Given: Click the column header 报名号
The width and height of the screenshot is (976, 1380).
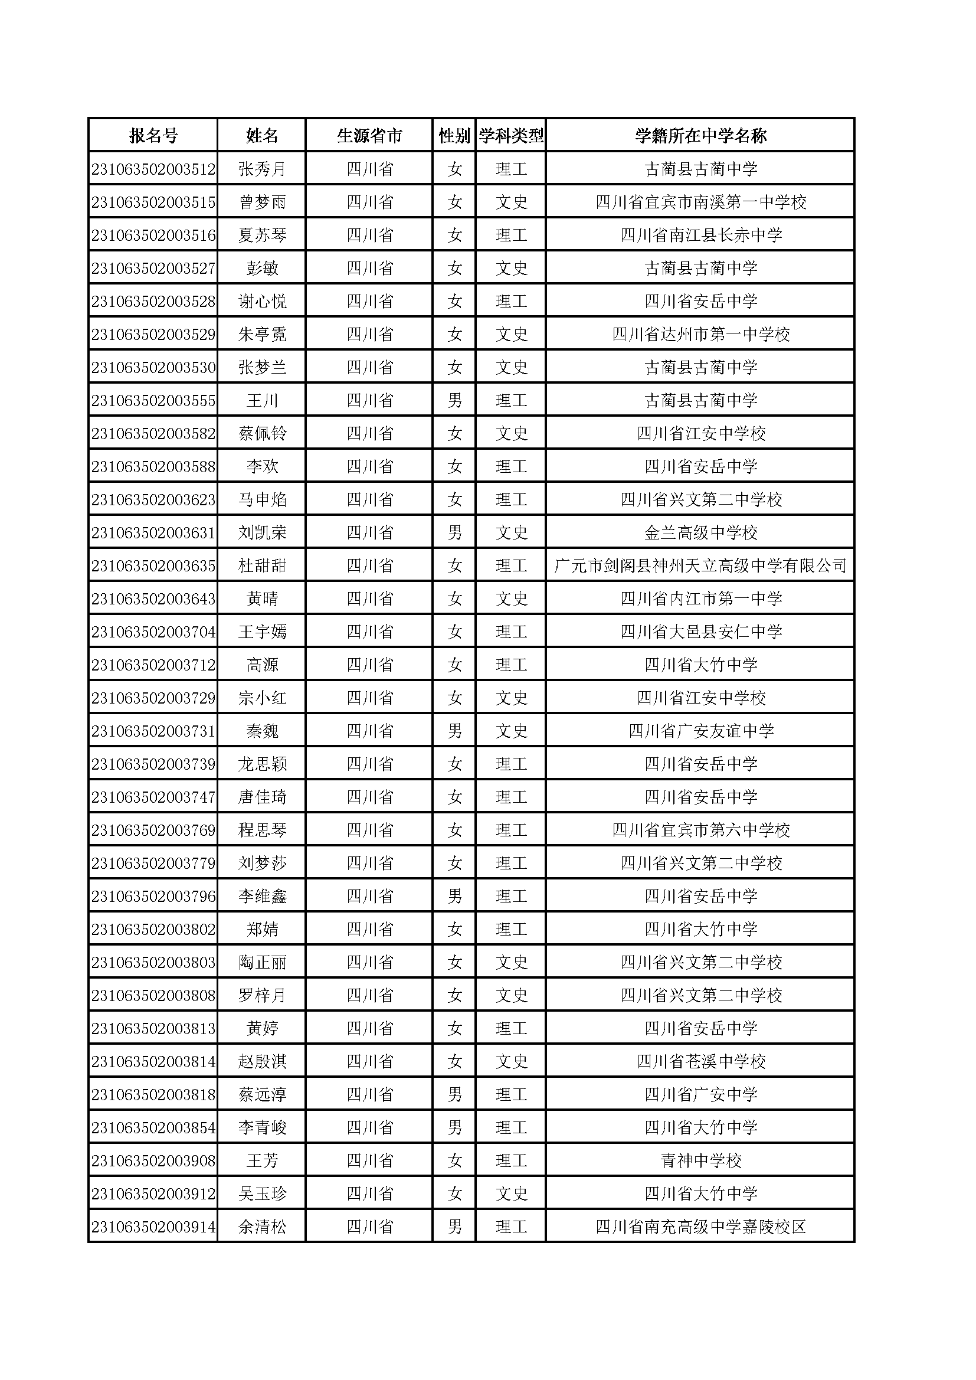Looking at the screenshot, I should [153, 136].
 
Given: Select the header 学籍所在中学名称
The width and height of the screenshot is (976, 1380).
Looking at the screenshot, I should [700, 136].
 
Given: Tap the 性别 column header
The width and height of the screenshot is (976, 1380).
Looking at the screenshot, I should [454, 136].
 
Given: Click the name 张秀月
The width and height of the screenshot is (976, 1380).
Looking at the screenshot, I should [262, 169].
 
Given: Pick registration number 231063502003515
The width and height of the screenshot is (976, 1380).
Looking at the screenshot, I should [153, 202].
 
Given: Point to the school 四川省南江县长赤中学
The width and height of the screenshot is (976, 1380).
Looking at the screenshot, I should [701, 235].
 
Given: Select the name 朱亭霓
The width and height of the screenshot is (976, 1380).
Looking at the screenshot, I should [262, 334].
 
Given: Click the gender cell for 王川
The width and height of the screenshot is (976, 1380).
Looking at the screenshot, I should [454, 400].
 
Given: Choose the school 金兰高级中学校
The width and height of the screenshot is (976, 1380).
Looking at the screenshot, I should [701, 532].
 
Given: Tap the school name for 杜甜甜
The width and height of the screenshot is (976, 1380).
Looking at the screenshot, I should [700, 565].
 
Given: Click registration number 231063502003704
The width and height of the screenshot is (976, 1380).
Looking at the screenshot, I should [153, 632].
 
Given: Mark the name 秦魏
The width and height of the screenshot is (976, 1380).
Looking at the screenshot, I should [262, 731].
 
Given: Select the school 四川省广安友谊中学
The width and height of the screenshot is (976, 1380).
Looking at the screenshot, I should [701, 731].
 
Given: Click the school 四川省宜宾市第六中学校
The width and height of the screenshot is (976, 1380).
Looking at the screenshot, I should [701, 830].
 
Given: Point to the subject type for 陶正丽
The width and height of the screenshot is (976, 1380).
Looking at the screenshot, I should [511, 962].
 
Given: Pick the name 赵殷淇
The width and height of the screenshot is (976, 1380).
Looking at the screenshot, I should [262, 1061].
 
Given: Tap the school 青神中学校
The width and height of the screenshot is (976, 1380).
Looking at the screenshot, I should [701, 1160].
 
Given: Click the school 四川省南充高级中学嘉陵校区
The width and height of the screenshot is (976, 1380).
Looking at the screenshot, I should [701, 1227].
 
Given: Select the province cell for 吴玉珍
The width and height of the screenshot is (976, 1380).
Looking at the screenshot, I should [369, 1193].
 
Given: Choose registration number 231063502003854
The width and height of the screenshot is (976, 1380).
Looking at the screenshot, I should [153, 1127].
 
